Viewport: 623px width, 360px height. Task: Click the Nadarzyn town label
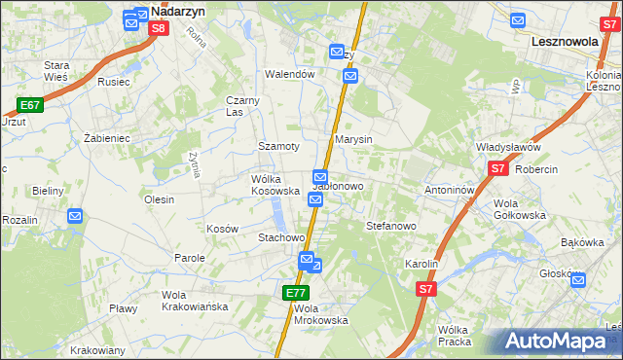coord(177,15)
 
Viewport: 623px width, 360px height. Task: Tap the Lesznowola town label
coord(569,43)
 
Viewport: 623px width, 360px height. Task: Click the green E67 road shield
coord(30,104)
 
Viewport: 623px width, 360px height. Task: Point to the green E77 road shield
coord(297,292)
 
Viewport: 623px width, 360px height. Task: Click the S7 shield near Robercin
coord(498,168)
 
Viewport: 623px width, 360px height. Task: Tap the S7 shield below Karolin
coord(425,289)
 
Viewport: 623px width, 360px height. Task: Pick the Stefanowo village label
coord(391,226)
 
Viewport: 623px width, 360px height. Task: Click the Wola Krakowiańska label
coord(195,301)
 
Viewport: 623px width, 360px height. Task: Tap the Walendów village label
coord(291,74)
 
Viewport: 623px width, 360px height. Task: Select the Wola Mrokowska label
coord(320,314)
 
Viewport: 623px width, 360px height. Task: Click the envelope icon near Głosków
coord(578,281)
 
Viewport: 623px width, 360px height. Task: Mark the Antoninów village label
coord(449,190)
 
